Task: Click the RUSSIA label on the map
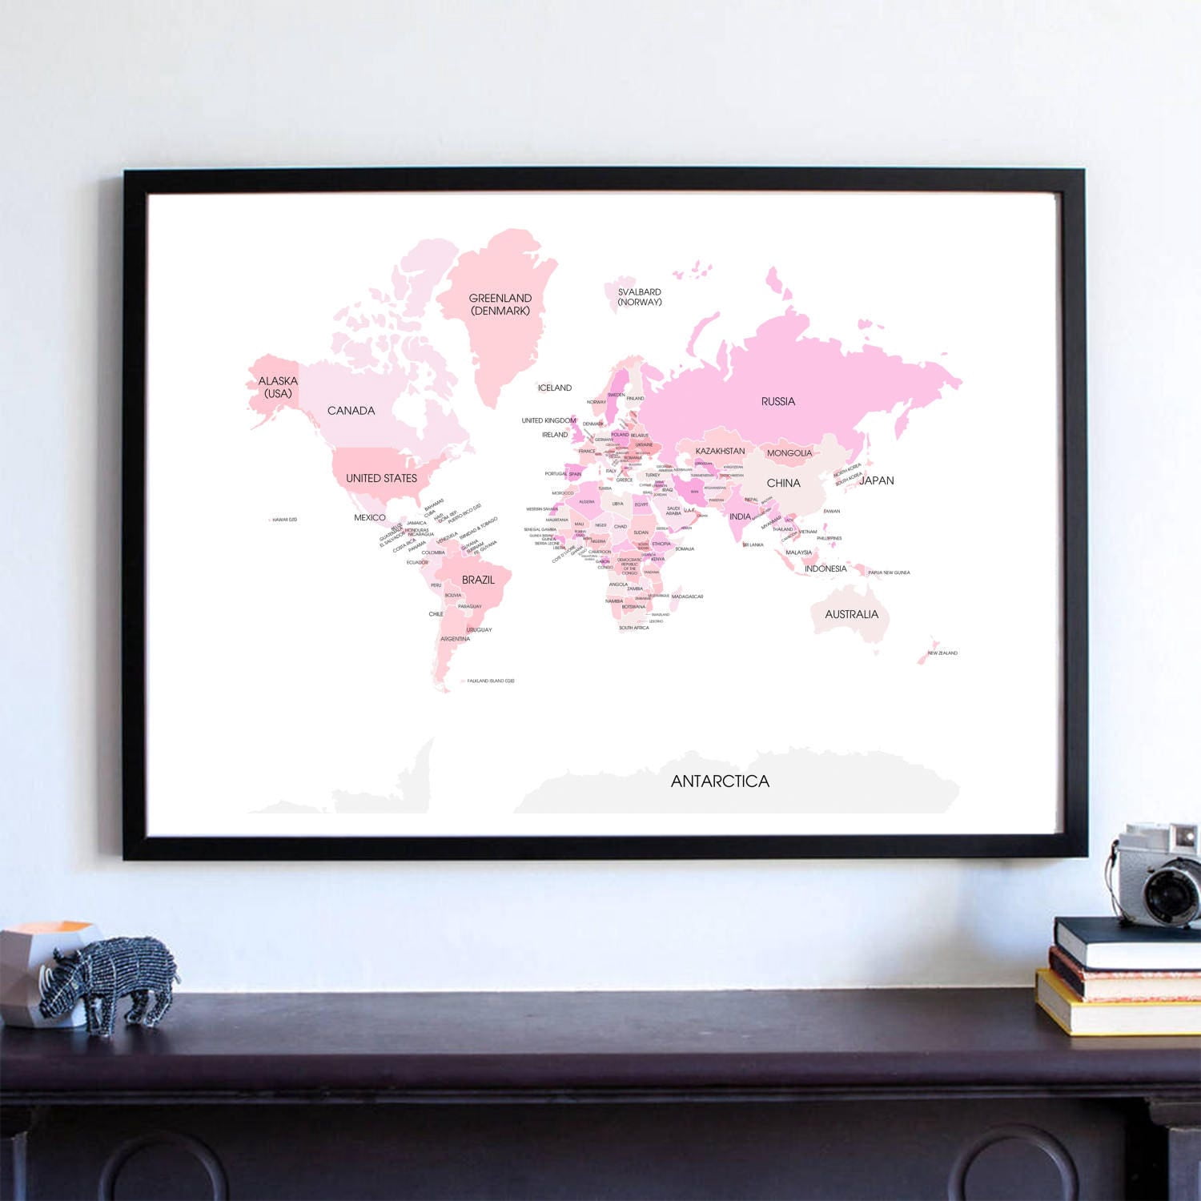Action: [x=778, y=401]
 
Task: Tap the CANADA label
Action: [x=351, y=411]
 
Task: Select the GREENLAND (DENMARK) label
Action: [x=500, y=304]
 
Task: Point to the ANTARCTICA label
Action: [x=720, y=781]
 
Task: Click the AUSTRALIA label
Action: [x=851, y=614]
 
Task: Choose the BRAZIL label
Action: [x=478, y=580]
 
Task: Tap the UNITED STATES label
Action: [x=381, y=478]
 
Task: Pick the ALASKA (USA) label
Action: [x=278, y=387]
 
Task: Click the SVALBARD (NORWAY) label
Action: [x=640, y=297]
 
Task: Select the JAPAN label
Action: [x=877, y=480]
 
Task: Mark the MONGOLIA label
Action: [x=789, y=453]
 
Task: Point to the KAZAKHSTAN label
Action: [x=720, y=451]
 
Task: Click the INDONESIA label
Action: [x=825, y=568]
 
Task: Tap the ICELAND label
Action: [x=555, y=388]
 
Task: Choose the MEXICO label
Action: [x=370, y=517]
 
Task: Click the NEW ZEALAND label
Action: [x=942, y=653]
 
